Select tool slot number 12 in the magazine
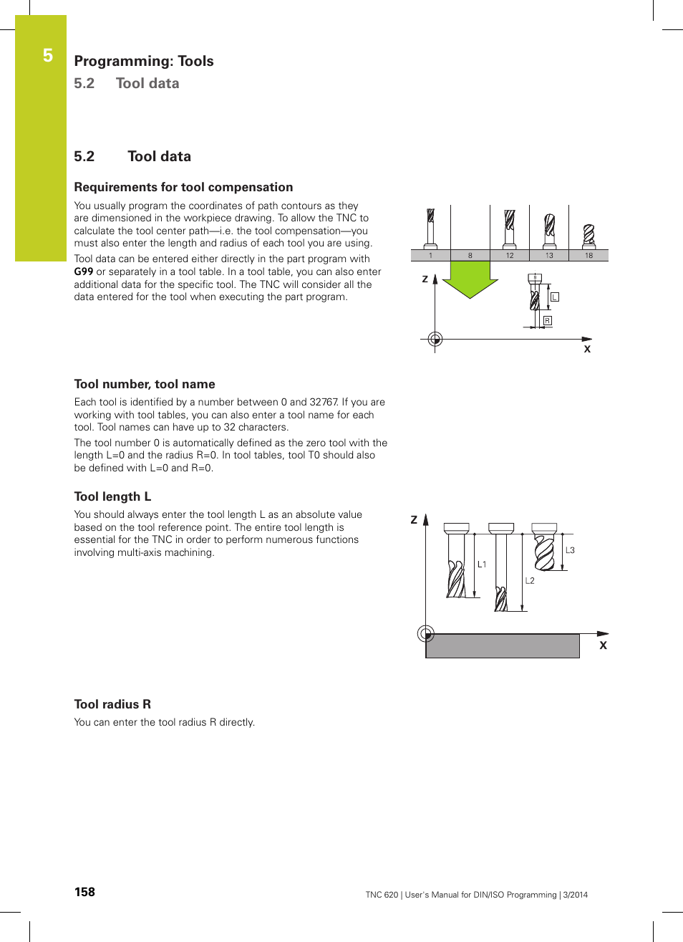point(510,255)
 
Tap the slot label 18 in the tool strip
point(588,255)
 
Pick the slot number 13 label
point(549,255)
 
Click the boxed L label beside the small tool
point(555,297)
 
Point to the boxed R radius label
point(548,321)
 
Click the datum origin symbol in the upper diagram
point(435,339)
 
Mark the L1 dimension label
point(482,564)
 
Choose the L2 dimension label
point(530,581)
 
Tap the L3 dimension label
point(570,550)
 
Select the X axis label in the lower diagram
point(603,645)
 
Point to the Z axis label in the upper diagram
point(425,279)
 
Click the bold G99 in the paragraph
point(84,271)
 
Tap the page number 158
point(84,892)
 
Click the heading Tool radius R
point(112,704)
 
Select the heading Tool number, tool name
point(145,384)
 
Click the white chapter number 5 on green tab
point(48,56)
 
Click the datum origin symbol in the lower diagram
point(426,633)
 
